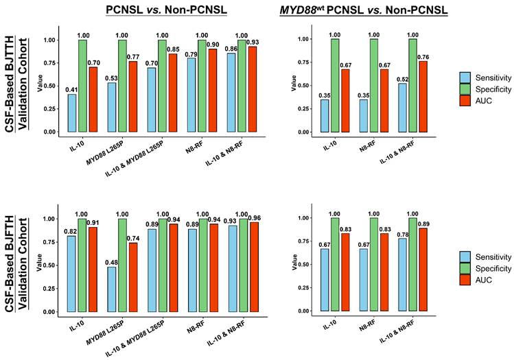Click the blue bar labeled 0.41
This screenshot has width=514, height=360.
(x=72, y=113)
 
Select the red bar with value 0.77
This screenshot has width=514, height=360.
(x=133, y=97)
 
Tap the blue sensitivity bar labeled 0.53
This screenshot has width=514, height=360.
(x=112, y=108)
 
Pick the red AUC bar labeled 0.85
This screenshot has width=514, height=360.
(x=173, y=93)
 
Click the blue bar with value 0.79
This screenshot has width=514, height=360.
(x=191, y=95)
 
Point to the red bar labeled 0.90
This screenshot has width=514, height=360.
(x=213, y=91)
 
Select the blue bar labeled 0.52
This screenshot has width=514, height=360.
(x=403, y=108)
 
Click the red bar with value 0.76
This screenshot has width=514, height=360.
(x=423, y=97)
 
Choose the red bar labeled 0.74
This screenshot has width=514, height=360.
(x=133, y=277)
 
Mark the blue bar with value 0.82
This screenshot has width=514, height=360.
(x=71, y=274)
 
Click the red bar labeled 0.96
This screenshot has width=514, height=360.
(x=255, y=267)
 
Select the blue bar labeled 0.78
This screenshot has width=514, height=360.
(x=403, y=274)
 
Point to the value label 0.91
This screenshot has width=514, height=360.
(x=93, y=223)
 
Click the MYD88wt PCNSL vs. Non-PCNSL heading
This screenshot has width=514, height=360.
(x=364, y=10)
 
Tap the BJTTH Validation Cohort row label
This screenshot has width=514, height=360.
(x=17, y=84)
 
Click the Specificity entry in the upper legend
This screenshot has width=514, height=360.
(x=485, y=89)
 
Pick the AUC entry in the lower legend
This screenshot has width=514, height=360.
(x=476, y=280)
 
